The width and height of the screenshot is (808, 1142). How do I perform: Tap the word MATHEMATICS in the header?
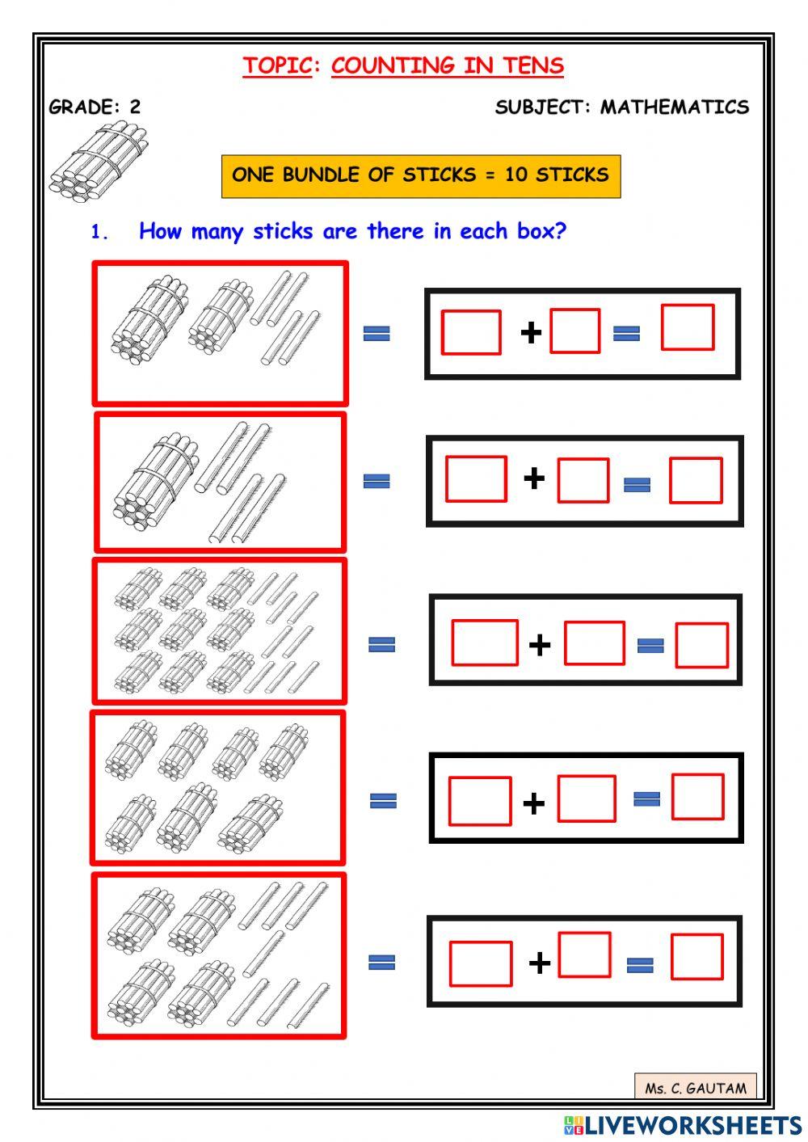[x=675, y=107]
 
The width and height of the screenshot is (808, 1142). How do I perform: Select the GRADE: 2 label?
[x=95, y=107]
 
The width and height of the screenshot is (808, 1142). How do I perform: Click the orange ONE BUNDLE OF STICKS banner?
[x=420, y=175]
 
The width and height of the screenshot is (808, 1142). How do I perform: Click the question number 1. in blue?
[x=99, y=232]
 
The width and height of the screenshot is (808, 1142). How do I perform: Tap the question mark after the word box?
[x=561, y=230]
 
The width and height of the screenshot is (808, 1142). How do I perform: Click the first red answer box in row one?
[x=471, y=332]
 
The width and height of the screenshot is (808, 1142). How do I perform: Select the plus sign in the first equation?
[x=531, y=332]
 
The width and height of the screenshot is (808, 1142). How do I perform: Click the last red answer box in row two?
[x=696, y=481]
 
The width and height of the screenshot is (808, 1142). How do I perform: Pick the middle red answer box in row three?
[x=594, y=643]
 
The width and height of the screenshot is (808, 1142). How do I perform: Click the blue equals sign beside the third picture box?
[x=381, y=644]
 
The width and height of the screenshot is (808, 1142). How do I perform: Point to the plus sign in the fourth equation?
[x=533, y=803]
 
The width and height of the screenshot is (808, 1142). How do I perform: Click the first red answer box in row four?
[x=480, y=801]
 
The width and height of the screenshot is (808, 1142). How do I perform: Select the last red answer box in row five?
[x=696, y=957]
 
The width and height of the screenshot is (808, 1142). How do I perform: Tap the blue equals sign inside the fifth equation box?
[x=640, y=964]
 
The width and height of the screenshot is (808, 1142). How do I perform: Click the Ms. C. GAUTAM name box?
[x=696, y=1088]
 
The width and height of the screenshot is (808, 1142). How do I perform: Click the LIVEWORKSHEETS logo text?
[x=692, y=1125]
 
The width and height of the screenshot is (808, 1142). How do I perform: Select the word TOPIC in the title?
[x=277, y=65]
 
